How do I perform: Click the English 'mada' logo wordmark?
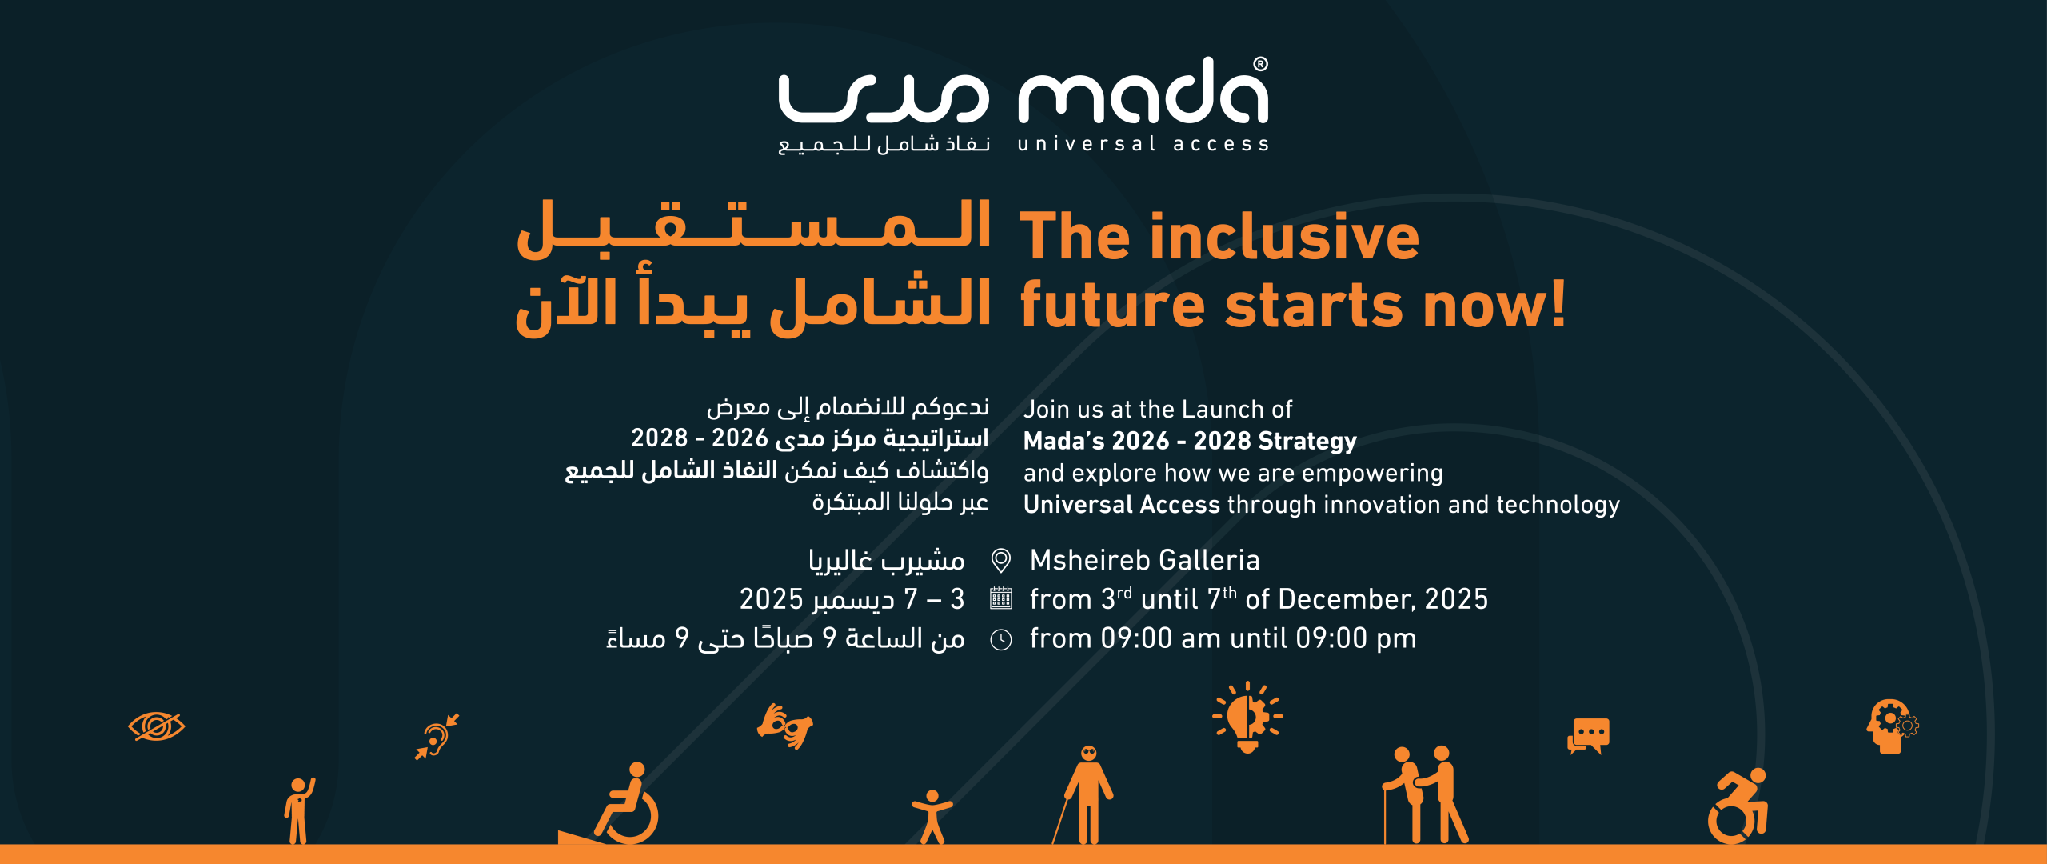click(x=1142, y=94)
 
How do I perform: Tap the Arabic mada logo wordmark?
click(x=883, y=99)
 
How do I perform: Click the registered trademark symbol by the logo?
click(x=1260, y=64)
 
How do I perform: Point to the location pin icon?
click(x=1000, y=560)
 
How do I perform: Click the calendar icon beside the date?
click(x=1000, y=598)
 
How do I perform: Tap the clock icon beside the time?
click(x=1000, y=639)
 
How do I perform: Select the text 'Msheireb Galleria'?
click(x=1144, y=560)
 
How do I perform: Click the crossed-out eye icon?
click(x=157, y=726)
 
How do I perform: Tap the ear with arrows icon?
click(x=437, y=736)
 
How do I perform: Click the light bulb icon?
click(x=1247, y=717)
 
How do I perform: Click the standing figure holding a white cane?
click(x=1087, y=796)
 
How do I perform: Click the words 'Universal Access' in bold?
click(x=1121, y=505)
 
